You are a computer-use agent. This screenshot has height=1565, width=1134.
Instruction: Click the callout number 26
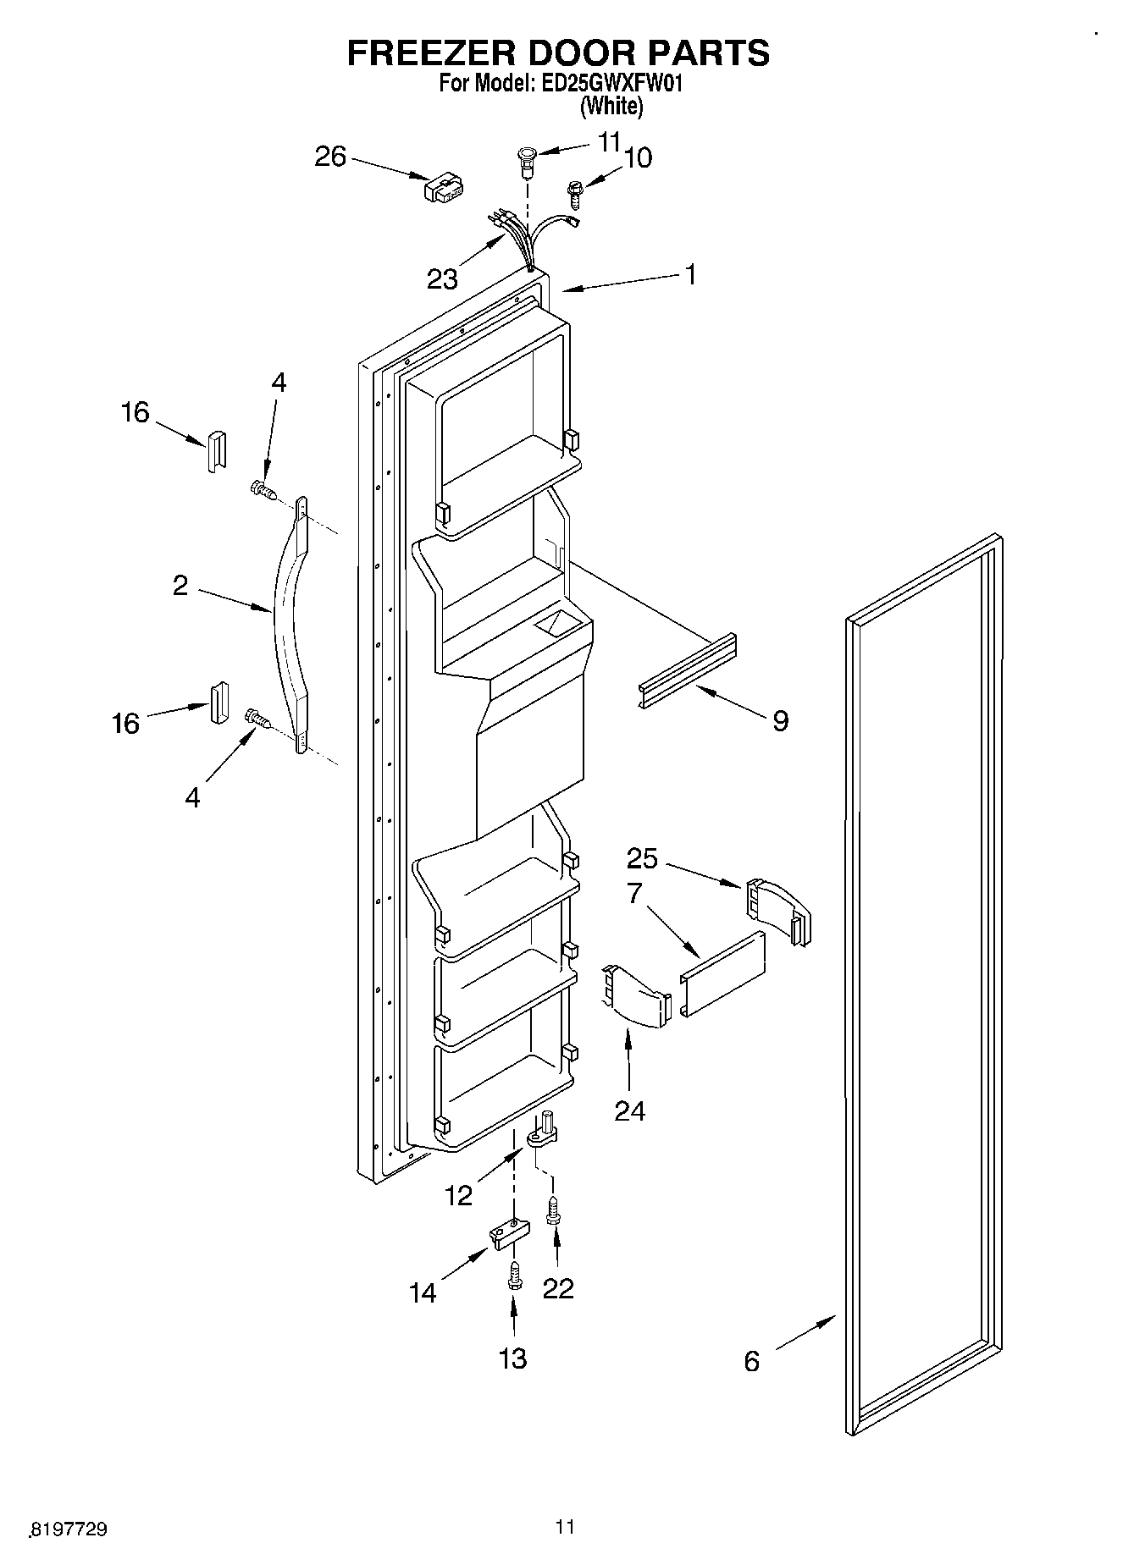(330, 157)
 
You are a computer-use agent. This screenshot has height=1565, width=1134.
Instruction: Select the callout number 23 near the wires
(442, 278)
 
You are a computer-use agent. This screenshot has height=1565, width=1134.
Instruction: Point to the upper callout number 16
(134, 412)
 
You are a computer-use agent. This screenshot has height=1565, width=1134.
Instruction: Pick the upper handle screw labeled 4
(263, 488)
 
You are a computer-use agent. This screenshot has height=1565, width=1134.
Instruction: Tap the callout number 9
(780, 720)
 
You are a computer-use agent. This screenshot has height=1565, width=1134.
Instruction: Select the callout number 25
(642, 858)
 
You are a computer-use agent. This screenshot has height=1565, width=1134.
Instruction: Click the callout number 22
(558, 1287)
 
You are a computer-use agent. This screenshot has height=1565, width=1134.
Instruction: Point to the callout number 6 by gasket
(751, 1361)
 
